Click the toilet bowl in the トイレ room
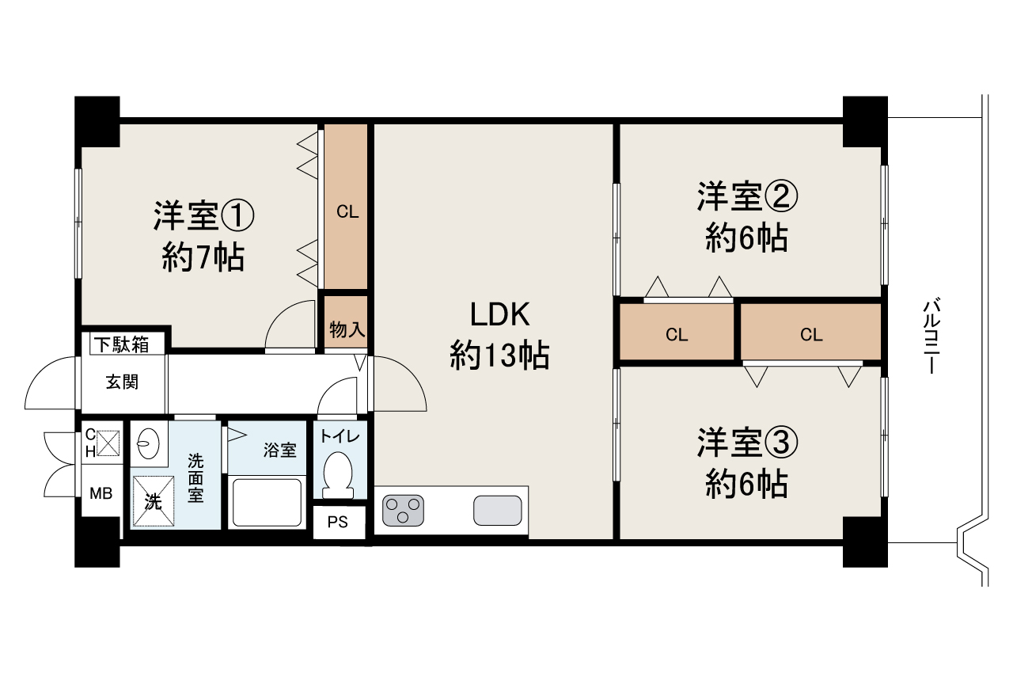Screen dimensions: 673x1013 (x=339, y=473)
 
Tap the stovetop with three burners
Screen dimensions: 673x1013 (x=403, y=509)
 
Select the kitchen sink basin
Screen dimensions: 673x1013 (x=497, y=509)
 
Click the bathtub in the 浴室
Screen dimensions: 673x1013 (x=267, y=501)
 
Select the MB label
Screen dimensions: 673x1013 (x=101, y=493)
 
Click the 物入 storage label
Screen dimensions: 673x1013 (x=347, y=330)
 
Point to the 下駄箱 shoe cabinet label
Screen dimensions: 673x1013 (x=123, y=344)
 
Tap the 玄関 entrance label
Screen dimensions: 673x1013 (x=122, y=382)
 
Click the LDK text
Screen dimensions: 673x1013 (x=499, y=315)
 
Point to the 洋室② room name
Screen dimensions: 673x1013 (x=747, y=196)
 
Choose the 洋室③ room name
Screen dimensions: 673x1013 (x=747, y=443)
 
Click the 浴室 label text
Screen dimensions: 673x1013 (x=280, y=450)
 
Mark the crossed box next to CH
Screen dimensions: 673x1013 (x=108, y=442)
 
